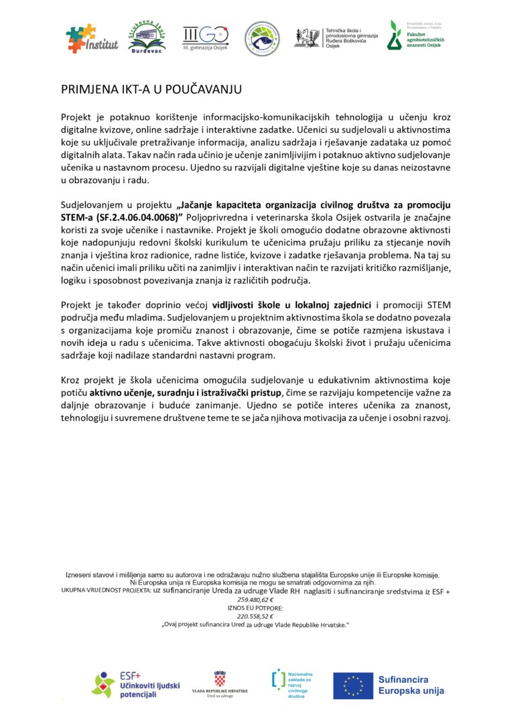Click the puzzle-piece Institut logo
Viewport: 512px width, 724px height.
click(x=92, y=39)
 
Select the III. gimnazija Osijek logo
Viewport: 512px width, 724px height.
click(x=206, y=38)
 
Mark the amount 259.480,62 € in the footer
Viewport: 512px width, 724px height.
click(x=255, y=600)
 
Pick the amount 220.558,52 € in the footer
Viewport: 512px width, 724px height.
click(x=255, y=616)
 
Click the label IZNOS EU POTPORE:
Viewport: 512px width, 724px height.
click(x=255, y=608)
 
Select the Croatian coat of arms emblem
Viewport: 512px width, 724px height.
click(x=219, y=678)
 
